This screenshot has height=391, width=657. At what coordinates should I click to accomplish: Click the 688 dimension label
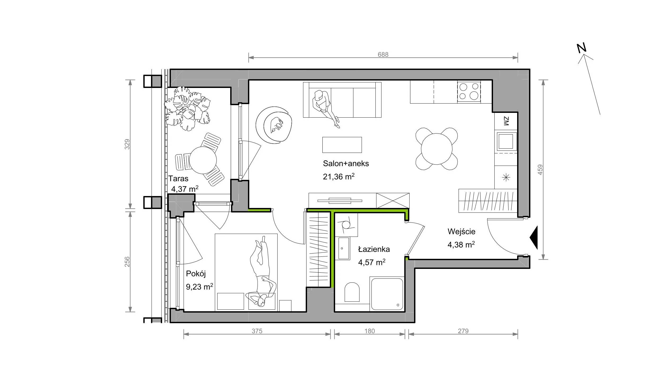coord(383,54)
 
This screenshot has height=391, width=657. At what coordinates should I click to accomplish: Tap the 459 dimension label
coord(540,170)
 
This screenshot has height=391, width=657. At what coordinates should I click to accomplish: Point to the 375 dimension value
coord(257,331)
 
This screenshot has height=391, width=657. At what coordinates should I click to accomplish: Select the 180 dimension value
coord(370,331)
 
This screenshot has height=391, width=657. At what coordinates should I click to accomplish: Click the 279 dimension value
coord(463,331)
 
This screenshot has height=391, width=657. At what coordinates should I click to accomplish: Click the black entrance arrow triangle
coord(534,238)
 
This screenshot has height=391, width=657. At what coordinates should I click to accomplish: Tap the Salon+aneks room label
coord(346,163)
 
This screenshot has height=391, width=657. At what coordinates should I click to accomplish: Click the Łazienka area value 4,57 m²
coord(372,262)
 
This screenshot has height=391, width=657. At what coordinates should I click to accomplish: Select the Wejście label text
coord(461,231)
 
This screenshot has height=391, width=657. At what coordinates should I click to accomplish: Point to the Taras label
coord(178,179)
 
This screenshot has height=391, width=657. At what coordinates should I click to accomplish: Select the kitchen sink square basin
coord(506,141)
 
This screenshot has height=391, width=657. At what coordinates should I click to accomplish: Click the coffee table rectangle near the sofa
coord(342,145)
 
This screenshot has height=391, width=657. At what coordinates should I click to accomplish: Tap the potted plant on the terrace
coord(187,109)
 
